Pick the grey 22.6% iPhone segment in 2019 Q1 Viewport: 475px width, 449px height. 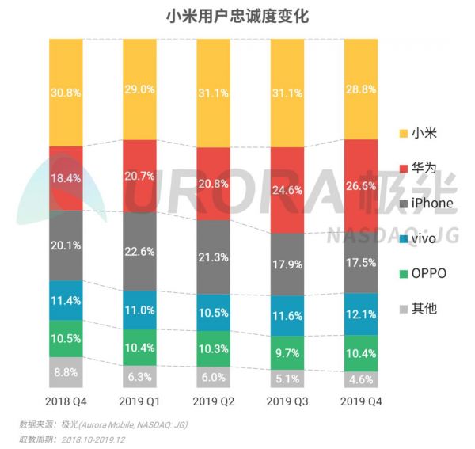[140, 252]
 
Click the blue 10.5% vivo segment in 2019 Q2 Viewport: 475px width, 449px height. [215, 313]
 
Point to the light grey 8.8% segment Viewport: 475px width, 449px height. [66, 371]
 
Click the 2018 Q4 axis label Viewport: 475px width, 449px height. [66, 401]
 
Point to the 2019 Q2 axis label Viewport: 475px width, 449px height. [215, 401]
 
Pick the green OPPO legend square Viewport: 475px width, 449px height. [403, 273]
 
